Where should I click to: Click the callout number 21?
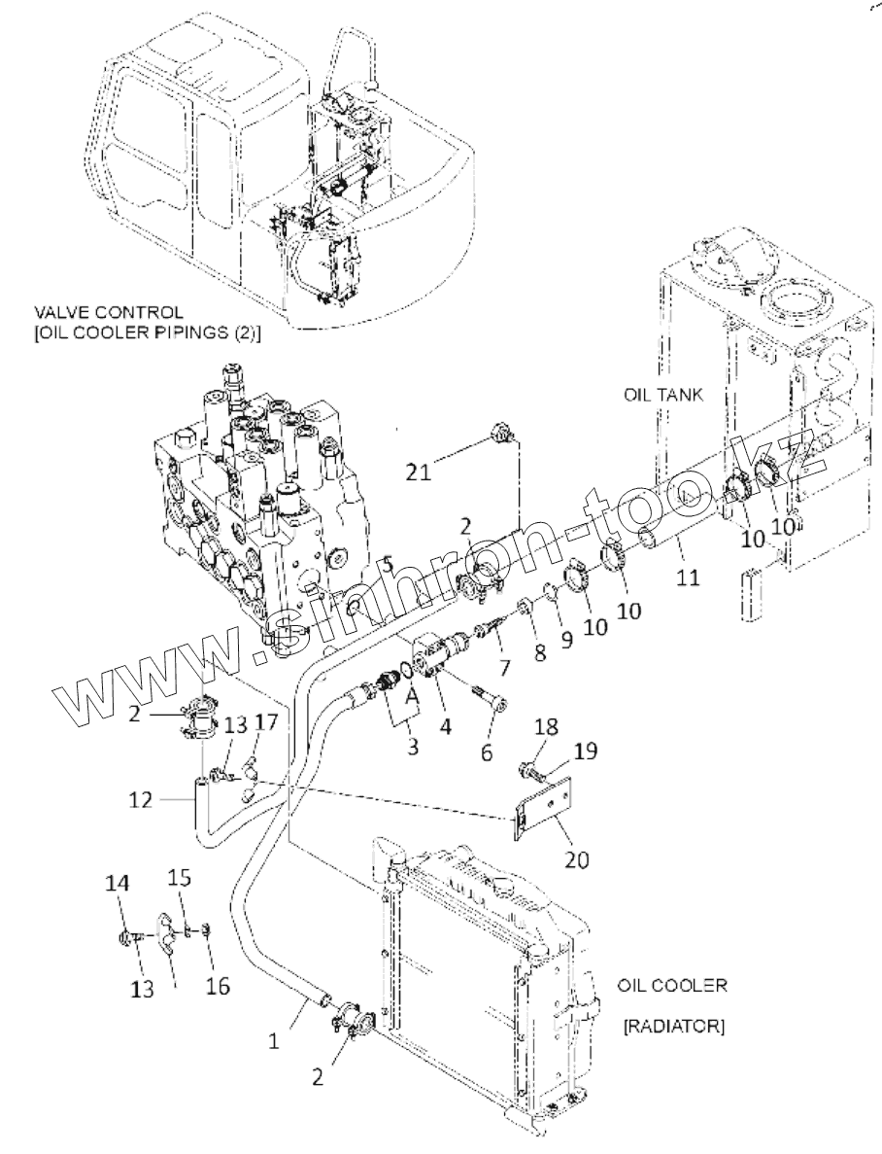click(x=419, y=472)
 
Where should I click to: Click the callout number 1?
click(x=274, y=1040)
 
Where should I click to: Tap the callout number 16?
click(x=218, y=986)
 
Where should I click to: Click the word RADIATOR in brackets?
click(x=671, y=1026)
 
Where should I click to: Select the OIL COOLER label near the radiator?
click(x=671, y=985)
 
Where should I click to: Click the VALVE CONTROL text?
click(x=107, y=313)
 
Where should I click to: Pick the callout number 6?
click(x=488, y=752)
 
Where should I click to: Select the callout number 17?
click(x=267, y=722)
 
